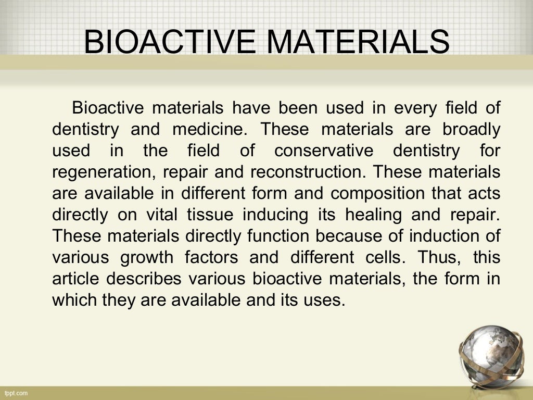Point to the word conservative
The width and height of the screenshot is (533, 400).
click(x=324, y=151)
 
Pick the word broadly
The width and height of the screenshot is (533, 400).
click(x=471, y=129)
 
